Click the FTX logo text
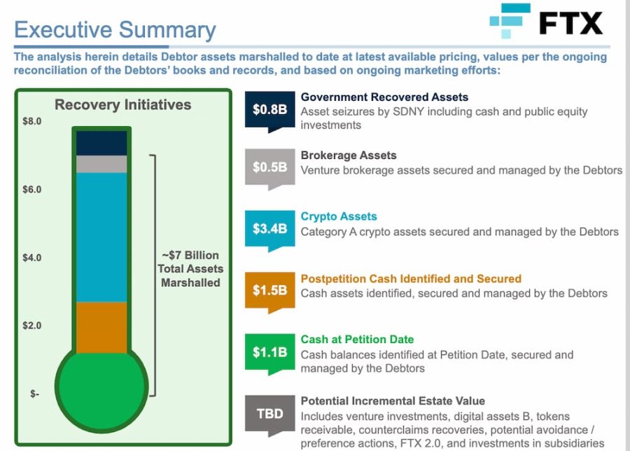[570, 23]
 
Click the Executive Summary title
[115, 29]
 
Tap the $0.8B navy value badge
[269, 110]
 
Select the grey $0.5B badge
[269, 167]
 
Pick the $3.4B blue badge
[269, 229]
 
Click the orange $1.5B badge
[269, 290]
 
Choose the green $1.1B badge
[269, 352]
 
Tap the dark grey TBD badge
[269, 414]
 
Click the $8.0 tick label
[32, 121]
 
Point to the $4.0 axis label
[32, 257]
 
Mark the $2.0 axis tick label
[32, 325]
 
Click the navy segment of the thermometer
[101, 143]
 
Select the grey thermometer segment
[101, 164]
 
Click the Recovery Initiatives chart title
[123, 105]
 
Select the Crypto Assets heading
[339, 216]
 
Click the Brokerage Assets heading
[349, 155]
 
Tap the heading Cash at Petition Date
[357, 339]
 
